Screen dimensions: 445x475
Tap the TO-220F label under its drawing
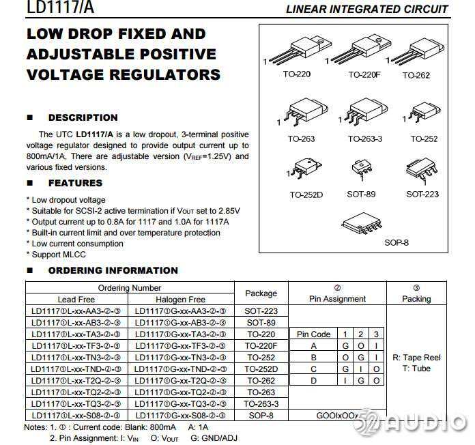(x=364, y=74)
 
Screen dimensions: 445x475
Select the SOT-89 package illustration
(x=360, y=170)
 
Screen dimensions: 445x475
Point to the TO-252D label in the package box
(x=306, y=195)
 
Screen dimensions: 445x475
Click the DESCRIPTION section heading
(x=83, y=117)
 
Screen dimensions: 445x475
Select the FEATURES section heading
(x=75, y=183)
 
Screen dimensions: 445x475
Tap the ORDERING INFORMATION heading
(x=113, y=270)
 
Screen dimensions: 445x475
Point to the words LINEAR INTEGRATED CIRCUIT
(x=367, y=9)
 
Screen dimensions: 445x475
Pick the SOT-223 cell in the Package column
(x=261, y=311)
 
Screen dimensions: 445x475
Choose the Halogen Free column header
(x=180, y=300)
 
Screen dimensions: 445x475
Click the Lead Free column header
(x=76, y=300)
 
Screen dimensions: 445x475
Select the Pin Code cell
(x=314, y=334)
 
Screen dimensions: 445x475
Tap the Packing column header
(x=416, y=299)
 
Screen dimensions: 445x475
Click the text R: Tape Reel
(x=416, y=358)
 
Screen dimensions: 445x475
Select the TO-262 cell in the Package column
(x=261, y=381)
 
